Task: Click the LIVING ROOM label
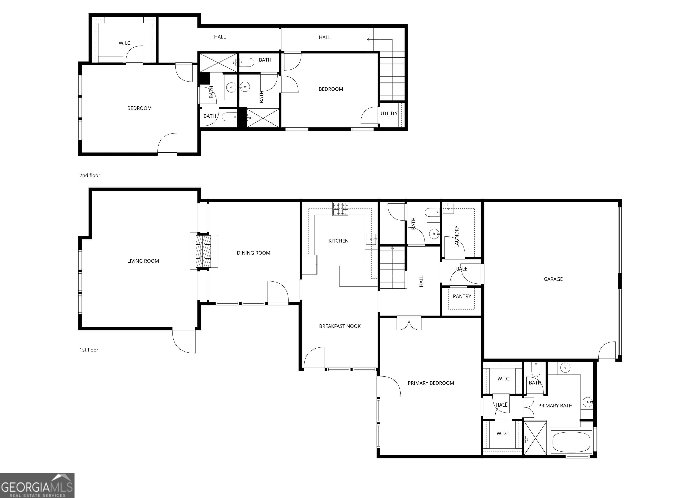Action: pos(143,261)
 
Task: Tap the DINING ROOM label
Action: pos(253,253)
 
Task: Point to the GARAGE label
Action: pos(553,279)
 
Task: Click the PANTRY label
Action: pos(462,296)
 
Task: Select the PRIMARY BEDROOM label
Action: pos(431,383)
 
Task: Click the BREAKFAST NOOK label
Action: pos(340,326)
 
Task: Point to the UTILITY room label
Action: pos(389,113)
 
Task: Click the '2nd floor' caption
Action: pos(90,175)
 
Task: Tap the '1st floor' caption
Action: pos(89,350)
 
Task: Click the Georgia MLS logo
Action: pos(37,485)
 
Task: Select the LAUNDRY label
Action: pos(456,236)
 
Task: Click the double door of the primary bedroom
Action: pos(409,323)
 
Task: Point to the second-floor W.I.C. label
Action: pos(125,43)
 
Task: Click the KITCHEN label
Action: pos(338,241)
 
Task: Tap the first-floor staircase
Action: pos(393,268)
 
